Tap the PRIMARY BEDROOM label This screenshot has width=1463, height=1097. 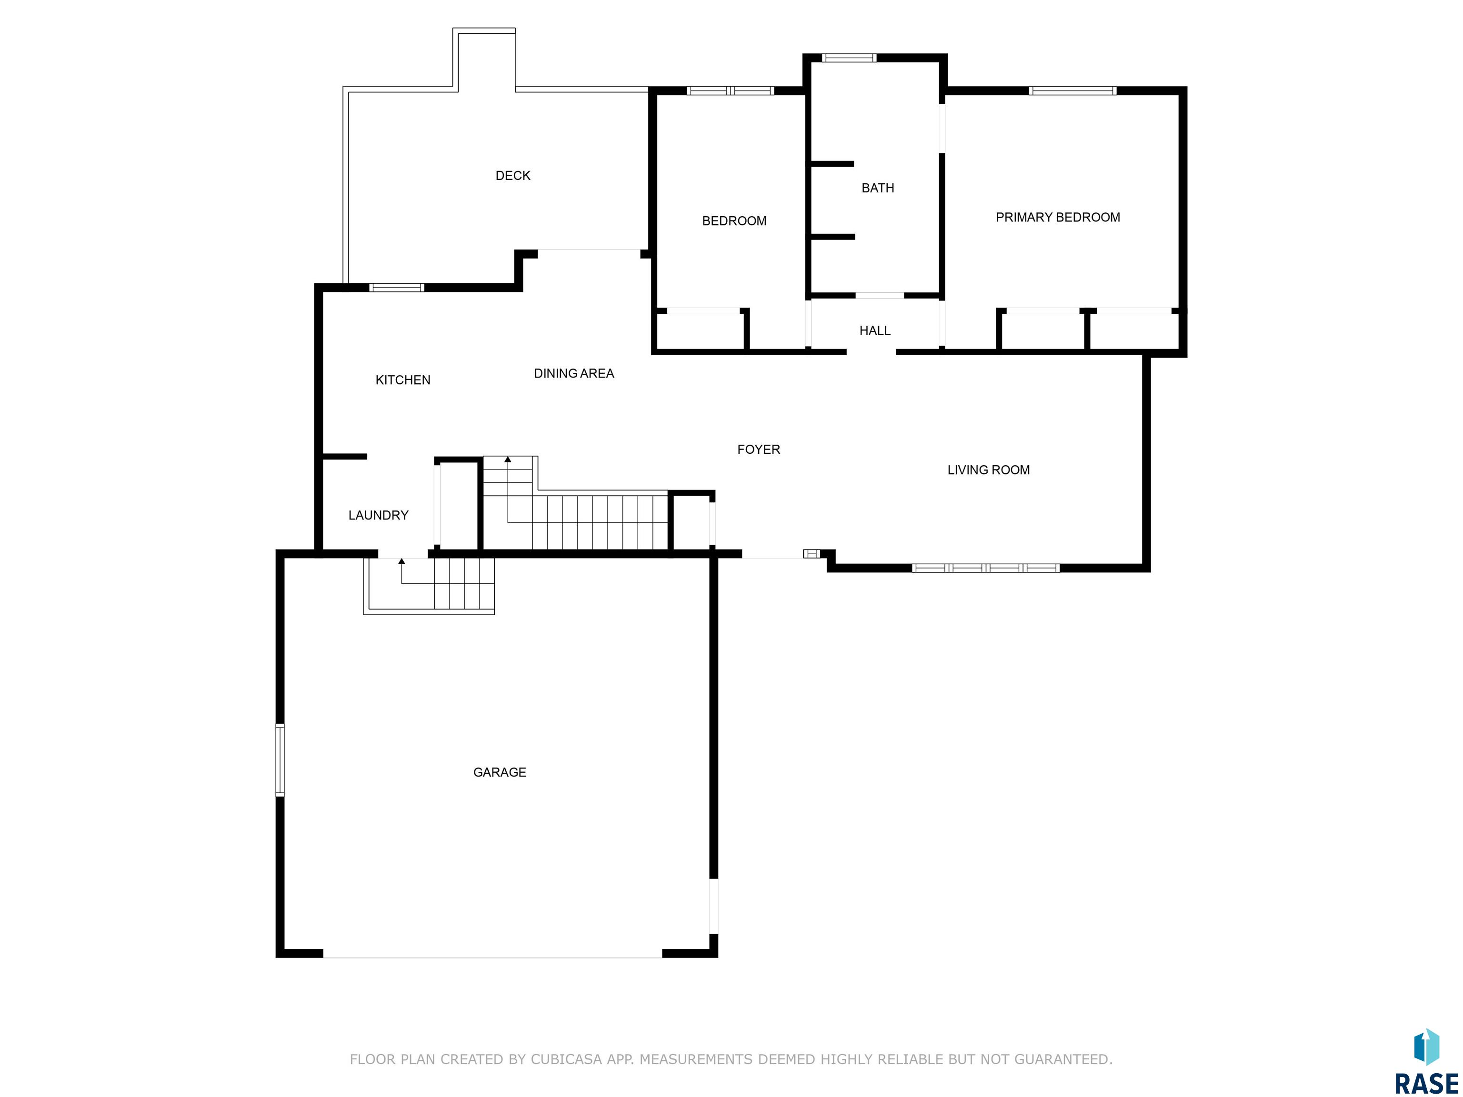[1058, 217]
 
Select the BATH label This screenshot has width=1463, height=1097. [878, 188]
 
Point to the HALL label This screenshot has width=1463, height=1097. [874, 330]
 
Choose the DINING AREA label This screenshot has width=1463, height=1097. [573, 374]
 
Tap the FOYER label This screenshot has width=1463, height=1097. [759, 449]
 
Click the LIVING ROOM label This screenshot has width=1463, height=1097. [988, 470]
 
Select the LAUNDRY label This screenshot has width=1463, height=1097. [378, 515]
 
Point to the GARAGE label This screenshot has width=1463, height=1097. [500, 772]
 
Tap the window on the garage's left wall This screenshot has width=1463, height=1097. [280, 760]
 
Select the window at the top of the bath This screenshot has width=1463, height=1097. [849, 58]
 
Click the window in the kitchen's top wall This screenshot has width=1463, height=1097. [396, 288]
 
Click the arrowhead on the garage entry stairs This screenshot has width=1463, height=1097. [401, 561]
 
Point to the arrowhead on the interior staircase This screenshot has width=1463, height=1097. [508, 459]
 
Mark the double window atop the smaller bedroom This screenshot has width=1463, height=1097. [730, 90]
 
